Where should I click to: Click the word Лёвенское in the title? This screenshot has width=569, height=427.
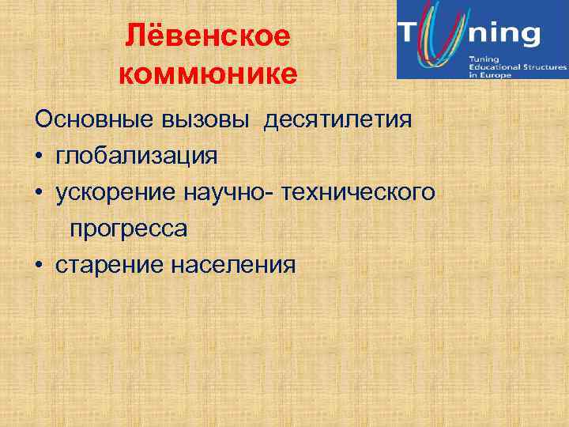[209, 36]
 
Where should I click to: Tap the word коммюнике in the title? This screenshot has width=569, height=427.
[209, 74]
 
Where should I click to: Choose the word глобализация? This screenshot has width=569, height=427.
[136, 156]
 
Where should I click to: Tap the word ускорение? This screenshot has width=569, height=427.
[116, 193]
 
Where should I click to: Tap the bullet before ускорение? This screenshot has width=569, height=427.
[40, 194]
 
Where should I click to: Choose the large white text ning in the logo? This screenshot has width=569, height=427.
[507, 34]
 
